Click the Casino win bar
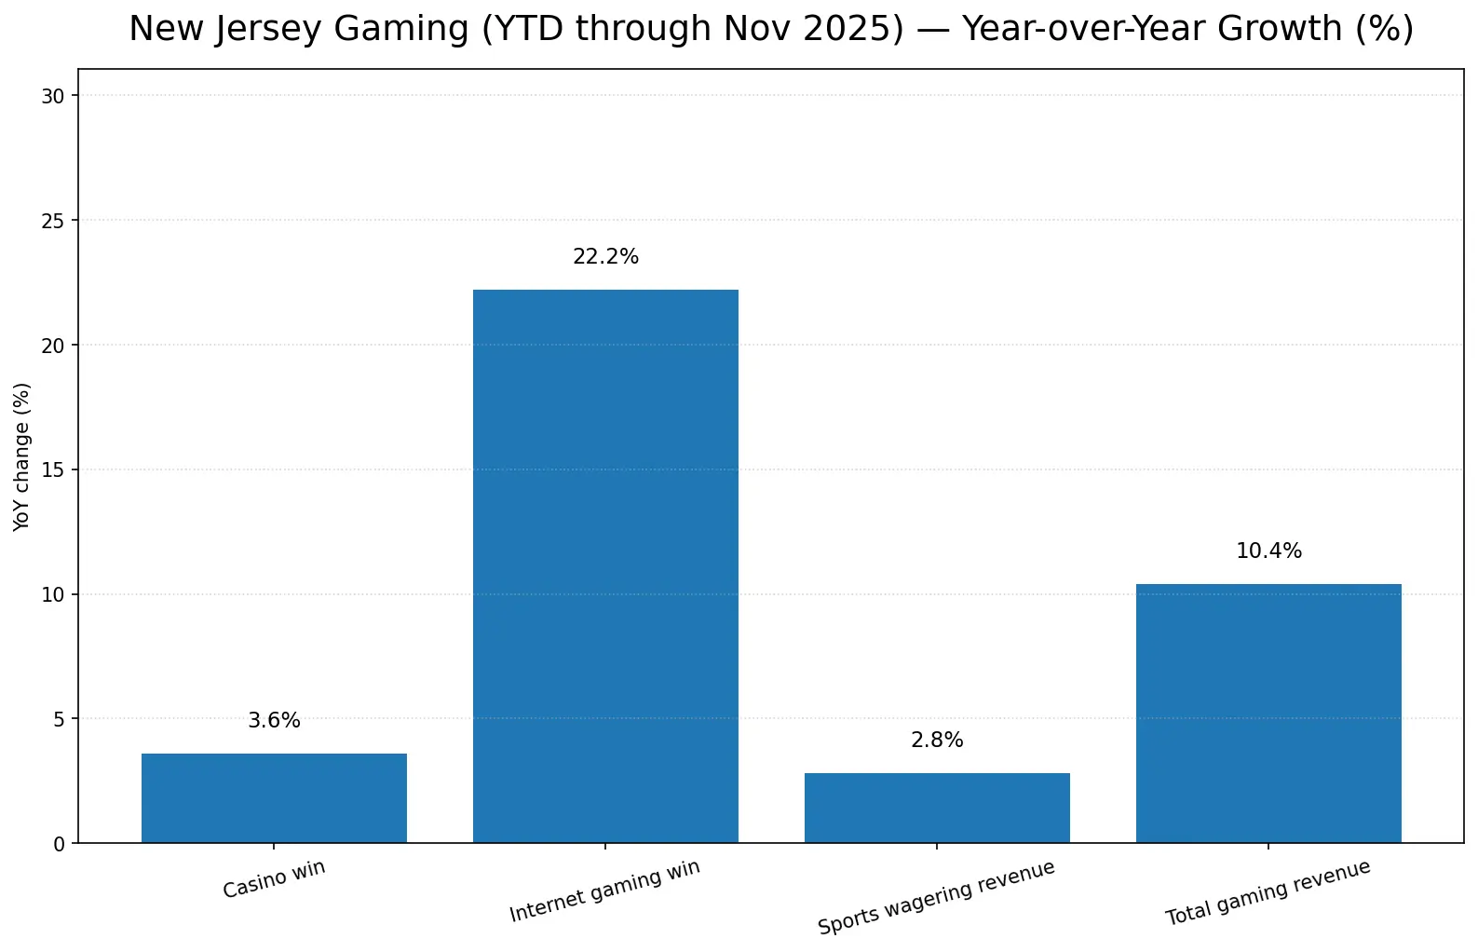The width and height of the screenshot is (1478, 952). [x=274, y=798]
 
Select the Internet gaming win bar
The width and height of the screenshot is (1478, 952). [x=605, y=566]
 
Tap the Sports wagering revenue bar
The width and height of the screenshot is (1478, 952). [x=937, y=808]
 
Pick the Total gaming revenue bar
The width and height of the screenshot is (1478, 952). [x=1268, y=714]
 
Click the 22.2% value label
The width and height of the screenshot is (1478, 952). [x=605, y=257]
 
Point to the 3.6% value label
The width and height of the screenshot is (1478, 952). [x=274, y=721]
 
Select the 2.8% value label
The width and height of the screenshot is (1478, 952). [x=937, y=741]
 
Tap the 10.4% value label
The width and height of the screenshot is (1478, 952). [x=1268, y=551]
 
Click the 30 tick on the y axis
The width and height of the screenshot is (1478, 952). [x=54, y=96]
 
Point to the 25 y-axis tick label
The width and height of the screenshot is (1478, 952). [x=54, y=221]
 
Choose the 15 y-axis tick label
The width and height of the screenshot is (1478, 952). [x=54, y=469]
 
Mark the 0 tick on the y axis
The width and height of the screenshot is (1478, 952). [x=60, y=844]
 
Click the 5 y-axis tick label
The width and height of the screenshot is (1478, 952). [x=60, y=719]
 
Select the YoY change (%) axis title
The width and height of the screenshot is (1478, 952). [x=22, y=456]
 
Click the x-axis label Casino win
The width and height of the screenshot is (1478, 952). [x=274, y=879]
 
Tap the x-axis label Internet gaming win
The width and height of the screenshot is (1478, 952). [x=604, y=891]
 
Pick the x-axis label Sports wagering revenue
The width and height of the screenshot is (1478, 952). [x=936, y=898]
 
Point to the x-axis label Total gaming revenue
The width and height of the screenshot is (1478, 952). [x=1268, y=892]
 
